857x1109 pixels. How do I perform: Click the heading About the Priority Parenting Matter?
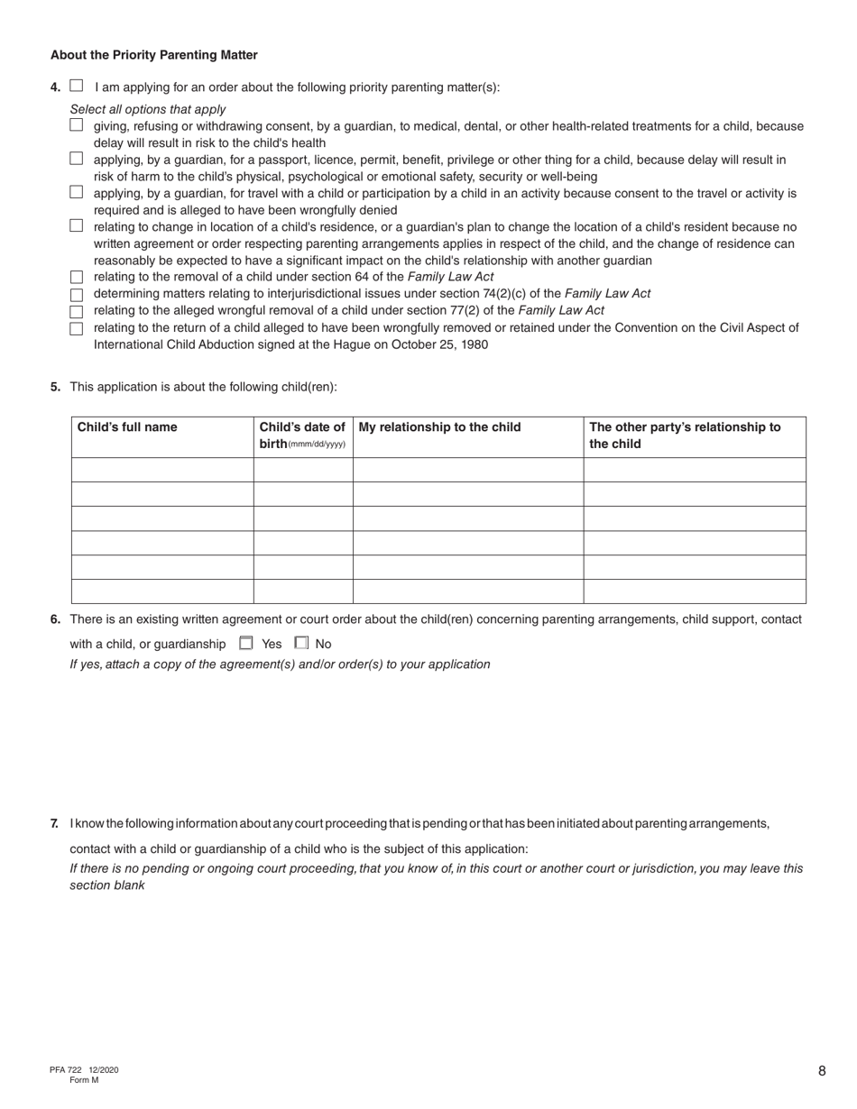point(153,55)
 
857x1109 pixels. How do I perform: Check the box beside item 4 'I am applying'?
point(77,87)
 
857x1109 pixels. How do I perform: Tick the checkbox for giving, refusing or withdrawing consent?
point(77,125)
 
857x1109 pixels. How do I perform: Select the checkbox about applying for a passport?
point(77,159)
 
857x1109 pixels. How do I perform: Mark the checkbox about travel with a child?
point(77,192)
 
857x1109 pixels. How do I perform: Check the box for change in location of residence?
point(77,225)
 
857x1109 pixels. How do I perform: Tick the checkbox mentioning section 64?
point(77,277)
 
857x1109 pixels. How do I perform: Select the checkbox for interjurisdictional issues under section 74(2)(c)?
point(77,294)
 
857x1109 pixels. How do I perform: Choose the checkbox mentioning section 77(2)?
point(77,311)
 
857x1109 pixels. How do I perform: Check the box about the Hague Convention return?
point(77,328)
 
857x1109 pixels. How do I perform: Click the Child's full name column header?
point(127,427)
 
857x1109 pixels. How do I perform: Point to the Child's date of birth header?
point(302,435)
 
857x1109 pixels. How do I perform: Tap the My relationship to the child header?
point(439,427)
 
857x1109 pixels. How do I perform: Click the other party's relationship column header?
point(685,435)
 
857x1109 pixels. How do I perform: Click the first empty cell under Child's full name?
point(162,470)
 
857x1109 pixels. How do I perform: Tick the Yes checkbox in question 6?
point(246,643)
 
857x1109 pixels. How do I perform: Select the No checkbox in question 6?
point(301,643)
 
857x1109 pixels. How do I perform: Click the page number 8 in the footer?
point(822,1071)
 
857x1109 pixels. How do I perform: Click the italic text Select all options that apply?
point(148,109)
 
